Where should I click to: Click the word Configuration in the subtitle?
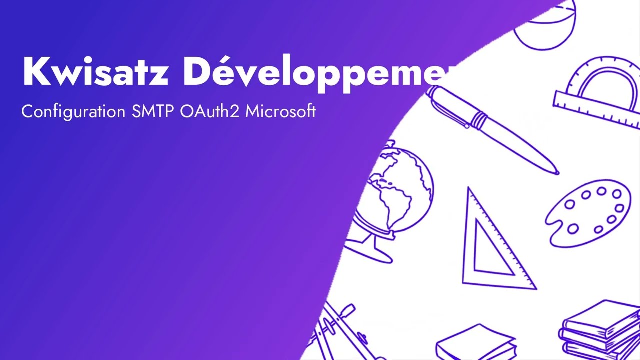click(73, 112)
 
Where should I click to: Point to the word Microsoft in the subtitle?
click(280, 111)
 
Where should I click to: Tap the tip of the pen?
click(556, 172)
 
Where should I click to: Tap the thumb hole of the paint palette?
click(573, 228)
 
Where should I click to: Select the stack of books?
click(600, 330)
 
